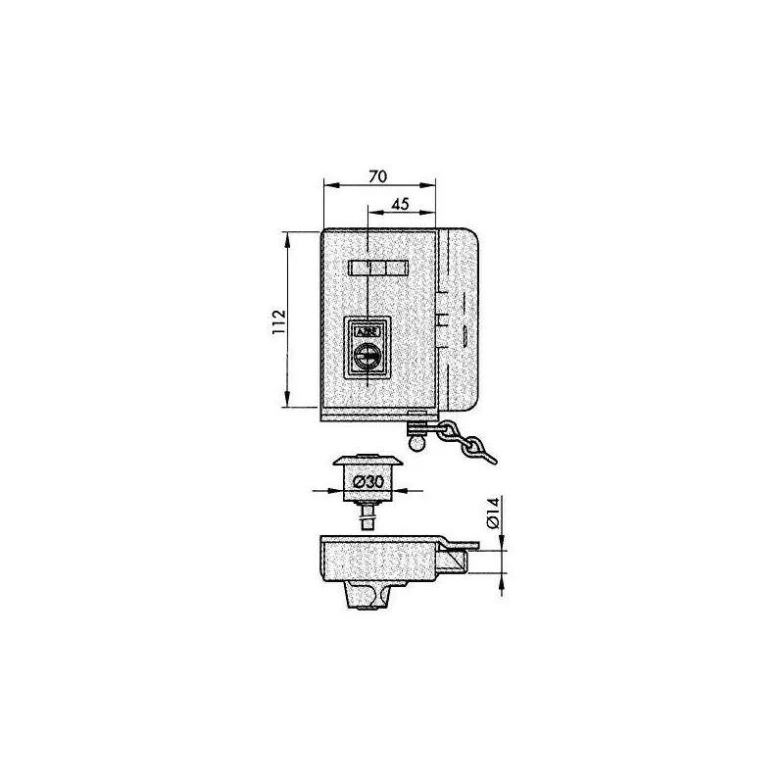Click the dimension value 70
(x=378, y=176)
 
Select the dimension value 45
(x=400, y=204)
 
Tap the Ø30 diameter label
(x=367, y=482)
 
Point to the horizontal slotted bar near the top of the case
(x=377, y=268)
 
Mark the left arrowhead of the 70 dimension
(x=327, y=185)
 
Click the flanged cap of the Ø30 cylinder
(x=367, y=461)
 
